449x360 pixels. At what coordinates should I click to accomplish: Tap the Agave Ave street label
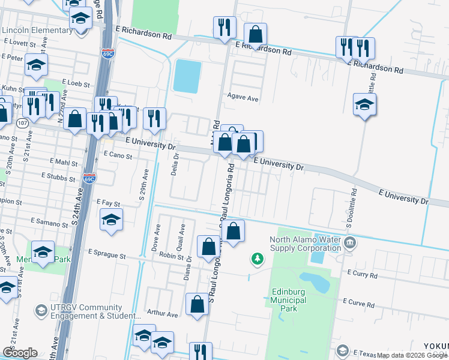(243, 97)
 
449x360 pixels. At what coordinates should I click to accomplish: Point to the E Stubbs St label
(60, 176)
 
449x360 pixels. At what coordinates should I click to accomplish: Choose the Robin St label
(172, 256)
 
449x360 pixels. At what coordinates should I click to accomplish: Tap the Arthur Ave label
(163, 314)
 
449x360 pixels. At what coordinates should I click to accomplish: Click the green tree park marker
(258, 258)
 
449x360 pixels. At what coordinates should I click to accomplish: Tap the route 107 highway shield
(22, 123)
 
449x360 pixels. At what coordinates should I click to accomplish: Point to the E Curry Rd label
(362, 275)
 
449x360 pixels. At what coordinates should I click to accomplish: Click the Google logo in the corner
(20, 353)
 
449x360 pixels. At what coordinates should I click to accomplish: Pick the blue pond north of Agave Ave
(187, 76)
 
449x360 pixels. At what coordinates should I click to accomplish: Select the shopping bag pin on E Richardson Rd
(256, 35)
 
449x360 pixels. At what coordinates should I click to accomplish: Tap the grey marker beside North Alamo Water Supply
(351, 243)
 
